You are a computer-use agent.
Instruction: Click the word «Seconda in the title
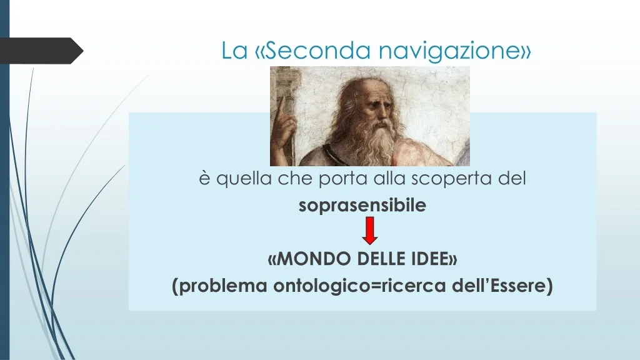coord(313,50)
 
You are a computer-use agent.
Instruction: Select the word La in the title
coord(234,51)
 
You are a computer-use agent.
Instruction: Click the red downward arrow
coord(370,231)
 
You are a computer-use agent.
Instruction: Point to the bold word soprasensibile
coord(362,205)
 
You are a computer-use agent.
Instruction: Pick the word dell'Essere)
coord(502,285)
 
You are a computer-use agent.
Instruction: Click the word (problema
coord(220,286)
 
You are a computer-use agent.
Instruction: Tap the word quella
coord(244,179)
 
